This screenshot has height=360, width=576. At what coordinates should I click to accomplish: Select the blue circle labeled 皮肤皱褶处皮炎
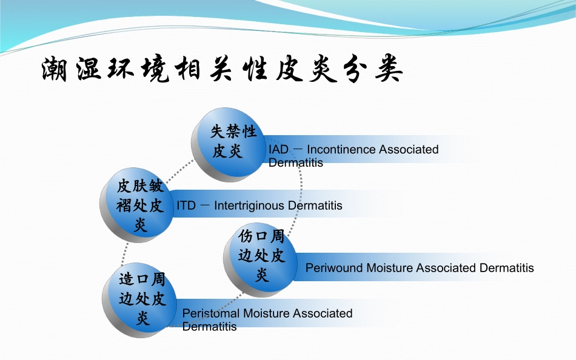139,205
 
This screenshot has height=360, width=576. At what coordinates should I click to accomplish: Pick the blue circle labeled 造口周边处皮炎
142,298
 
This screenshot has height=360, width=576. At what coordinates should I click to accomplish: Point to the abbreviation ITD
186,205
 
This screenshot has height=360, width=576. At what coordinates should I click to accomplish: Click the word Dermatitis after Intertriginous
315,205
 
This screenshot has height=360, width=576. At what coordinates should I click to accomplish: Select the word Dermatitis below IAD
295,162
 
